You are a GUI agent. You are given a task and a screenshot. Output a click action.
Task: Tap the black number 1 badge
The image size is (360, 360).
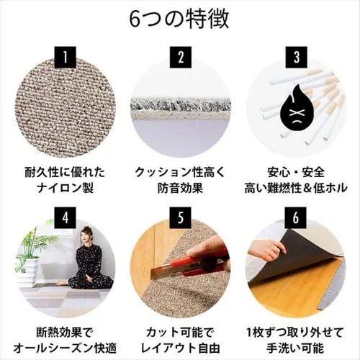coord(66,55)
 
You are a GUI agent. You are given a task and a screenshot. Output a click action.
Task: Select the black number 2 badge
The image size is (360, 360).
coord(181,55)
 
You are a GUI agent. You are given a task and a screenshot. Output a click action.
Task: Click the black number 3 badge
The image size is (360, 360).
coord(295,55)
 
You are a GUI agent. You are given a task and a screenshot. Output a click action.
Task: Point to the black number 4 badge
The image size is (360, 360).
coord(66,215)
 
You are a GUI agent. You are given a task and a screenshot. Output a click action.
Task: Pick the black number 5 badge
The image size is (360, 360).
coord(181,215)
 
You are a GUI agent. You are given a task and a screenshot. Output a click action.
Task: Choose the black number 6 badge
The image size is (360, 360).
coord(295,215)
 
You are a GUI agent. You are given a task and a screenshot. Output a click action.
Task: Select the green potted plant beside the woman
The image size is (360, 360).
coord(30,248)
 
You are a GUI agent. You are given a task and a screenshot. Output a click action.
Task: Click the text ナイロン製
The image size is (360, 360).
coord(66,189)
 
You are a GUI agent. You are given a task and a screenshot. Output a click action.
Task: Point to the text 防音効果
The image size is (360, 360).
coord(181,189)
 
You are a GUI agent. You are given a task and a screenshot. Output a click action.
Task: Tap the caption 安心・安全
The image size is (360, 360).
coord(295,173)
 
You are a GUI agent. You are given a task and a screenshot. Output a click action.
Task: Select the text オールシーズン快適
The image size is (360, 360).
coord(66,349)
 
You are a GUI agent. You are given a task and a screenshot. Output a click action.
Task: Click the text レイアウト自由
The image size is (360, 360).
coord(181,349)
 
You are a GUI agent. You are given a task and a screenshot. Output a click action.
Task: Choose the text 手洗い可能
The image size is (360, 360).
coord(295,349)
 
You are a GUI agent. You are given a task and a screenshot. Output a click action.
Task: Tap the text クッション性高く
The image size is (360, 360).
coord(181,173)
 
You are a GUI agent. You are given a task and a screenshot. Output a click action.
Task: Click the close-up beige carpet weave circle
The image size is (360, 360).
coord(66,108)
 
